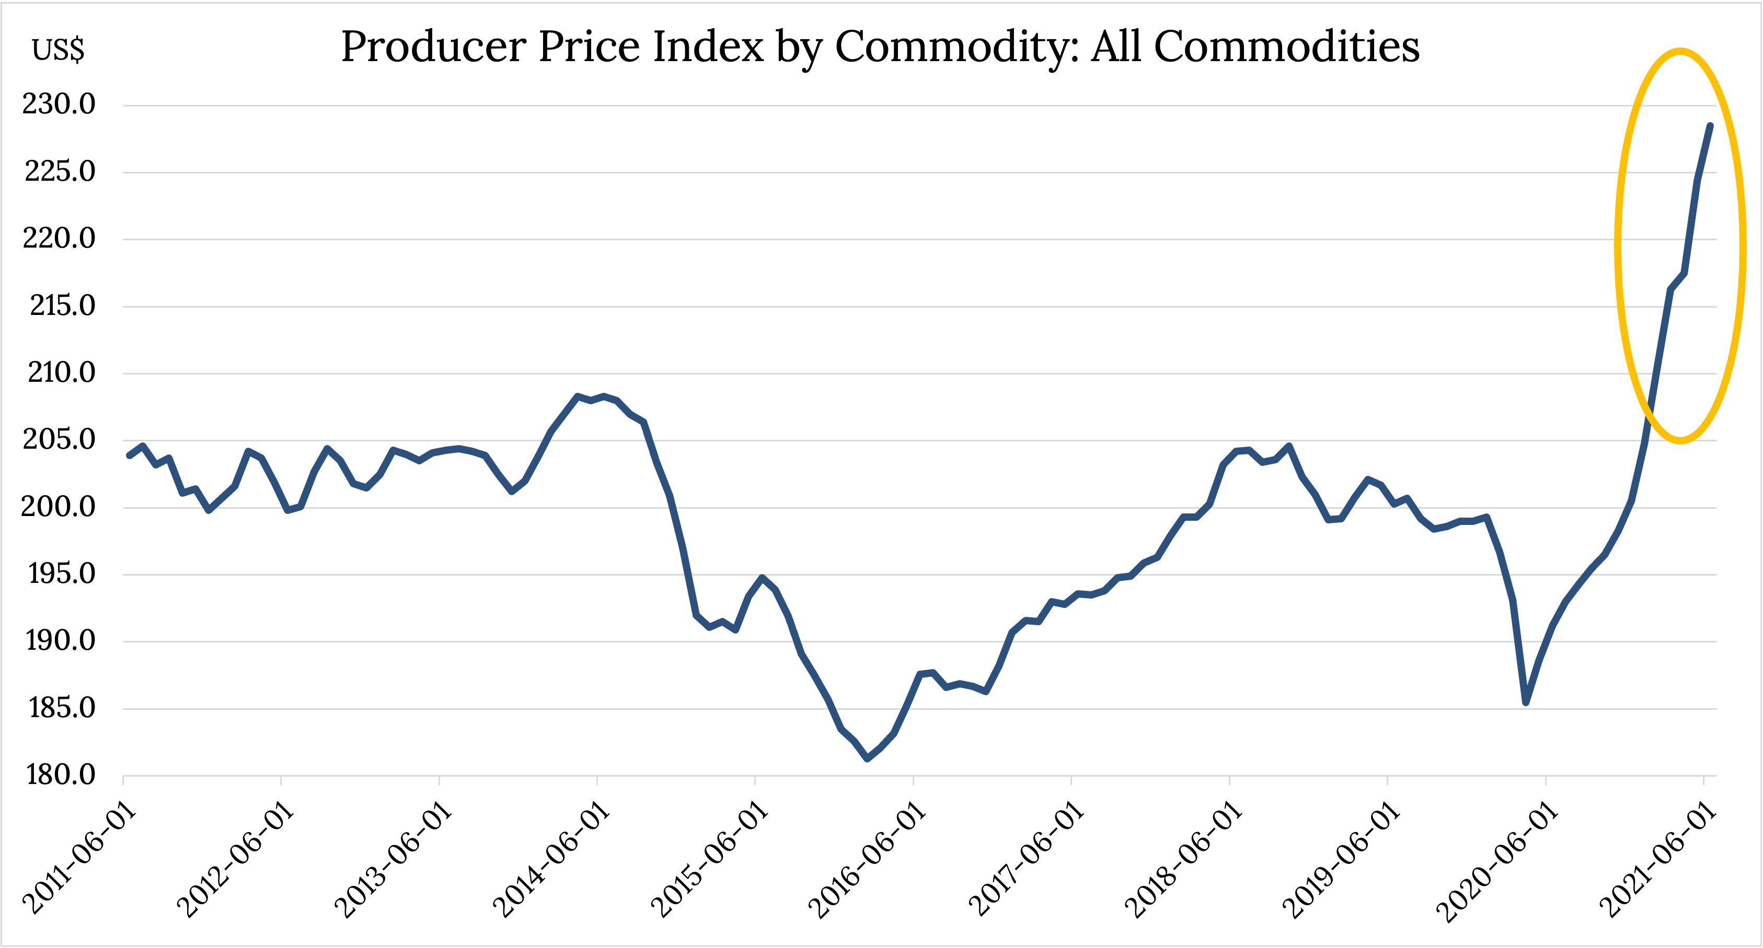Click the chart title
(880, 46)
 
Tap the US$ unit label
(58, 50)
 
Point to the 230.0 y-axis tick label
(59, 104)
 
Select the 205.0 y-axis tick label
(59, 439)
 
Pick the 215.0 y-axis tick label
(62, 305)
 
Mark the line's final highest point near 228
(1710, 126)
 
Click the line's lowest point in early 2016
(867, 758)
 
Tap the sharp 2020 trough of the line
(1526, 703)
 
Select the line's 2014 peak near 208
(577, 396)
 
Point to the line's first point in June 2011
(129, 455)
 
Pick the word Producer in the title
(433, 46)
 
